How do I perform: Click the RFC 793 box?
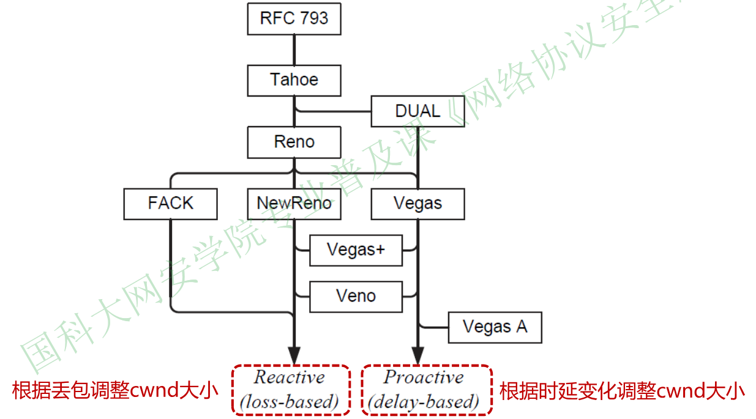pos(294,18)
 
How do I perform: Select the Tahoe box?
pos(294,80)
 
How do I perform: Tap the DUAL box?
pos(417,111)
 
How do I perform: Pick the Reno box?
pos(294,143)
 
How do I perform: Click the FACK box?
pos(170,204)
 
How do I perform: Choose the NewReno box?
pos(294,204)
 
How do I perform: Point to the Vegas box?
pos(417,204)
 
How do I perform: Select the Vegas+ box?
pos(356,250)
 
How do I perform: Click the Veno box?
pos(356,297)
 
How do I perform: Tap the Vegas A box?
pos(495,327)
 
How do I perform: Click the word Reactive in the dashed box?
pos(290,377)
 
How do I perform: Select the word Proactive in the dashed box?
pos(424,377)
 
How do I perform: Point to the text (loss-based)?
pos(290,401)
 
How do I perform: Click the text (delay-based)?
pos(424,401)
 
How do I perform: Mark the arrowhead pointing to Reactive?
pos(294,355)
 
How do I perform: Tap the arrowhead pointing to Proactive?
pos(417,355)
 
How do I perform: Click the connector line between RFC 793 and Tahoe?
pos(294,50)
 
